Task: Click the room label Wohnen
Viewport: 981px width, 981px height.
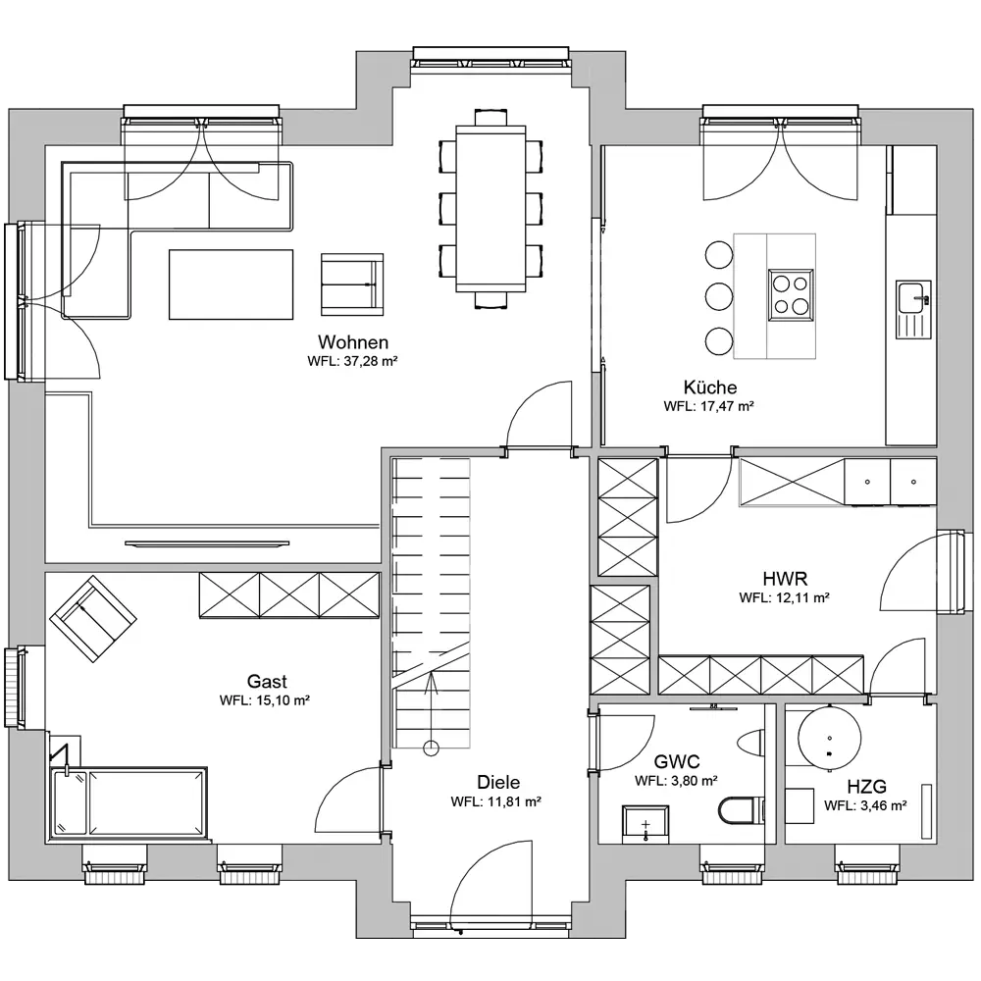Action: click(353, 342)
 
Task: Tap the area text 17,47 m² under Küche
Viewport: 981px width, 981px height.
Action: click(726, 406)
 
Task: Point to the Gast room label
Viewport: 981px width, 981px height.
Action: click(267, 681)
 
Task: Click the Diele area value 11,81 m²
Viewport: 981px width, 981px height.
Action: click(513, 801)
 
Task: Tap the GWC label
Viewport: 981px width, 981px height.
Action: click(676, 761)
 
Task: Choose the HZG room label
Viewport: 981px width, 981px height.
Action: click(866, 787)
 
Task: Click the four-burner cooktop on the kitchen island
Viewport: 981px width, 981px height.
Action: click(791, 294)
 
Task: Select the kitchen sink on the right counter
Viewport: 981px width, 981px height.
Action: click(913, 310)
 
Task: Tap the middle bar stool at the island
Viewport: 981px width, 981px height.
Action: click(719, 297)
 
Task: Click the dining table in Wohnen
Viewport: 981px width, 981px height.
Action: click(490, 208)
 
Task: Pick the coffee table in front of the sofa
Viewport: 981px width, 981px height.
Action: click(231, 284)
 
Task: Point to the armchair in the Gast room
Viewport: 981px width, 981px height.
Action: click(93, 618)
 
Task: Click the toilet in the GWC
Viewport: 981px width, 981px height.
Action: click(741, 811)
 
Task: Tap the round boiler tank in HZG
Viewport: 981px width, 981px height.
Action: click(829, 736)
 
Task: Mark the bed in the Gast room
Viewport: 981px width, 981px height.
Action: click(129, 803)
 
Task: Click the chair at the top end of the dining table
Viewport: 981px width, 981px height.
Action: click(490, 118)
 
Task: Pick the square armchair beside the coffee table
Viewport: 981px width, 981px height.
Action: click(352, 284)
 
